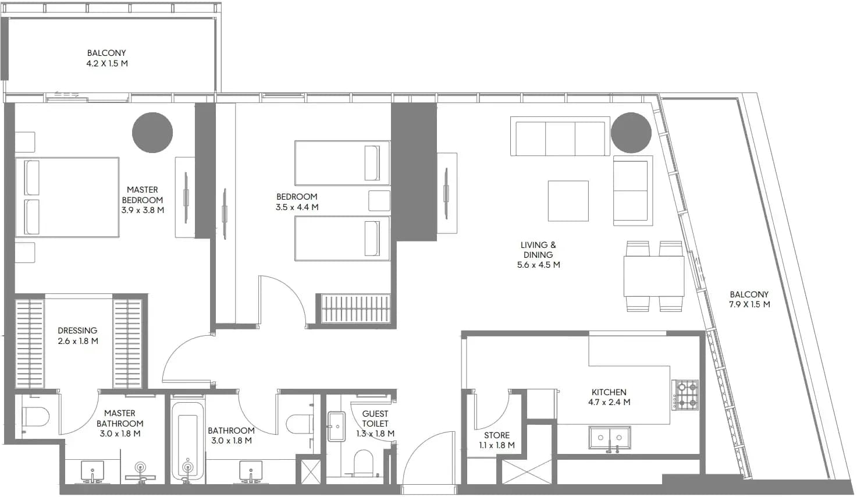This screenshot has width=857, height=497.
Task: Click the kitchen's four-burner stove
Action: pyautogui.click(x=685, y=395)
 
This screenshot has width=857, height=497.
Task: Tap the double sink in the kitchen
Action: pyautogui.click(x=610, y=438)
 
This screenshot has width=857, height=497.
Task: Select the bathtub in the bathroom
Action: pyautogui.click(x=187, y=441)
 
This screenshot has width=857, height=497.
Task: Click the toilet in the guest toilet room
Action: pyautogui.click(x=363, y=463)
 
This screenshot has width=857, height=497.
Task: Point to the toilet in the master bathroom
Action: pyautogui.click(x=35, y=417)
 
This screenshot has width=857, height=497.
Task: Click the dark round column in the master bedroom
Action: pyautogui.click(x=152, y=132)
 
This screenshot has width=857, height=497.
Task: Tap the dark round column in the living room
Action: pyautogui.click(x=631, y=132)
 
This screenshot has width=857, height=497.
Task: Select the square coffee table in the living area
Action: pyautogui.click(x=568, y=201)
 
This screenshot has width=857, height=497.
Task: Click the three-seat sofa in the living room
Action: pyautogui.click(x=560, y=136)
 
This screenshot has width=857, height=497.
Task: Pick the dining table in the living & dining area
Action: pyautogui.click(x=654, y=276)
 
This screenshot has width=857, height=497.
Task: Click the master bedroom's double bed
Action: pyautogui.click(x=67, y=197)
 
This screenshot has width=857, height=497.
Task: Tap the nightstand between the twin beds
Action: pyautogui.click(x=379, y=200)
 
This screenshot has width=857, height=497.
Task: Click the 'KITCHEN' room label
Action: pyautogui.click(x=609, y=392)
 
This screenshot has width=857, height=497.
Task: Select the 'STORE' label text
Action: pyautogui.click(x=497, y=435)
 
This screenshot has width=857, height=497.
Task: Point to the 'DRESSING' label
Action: pyautogui.click(x=77, y=330)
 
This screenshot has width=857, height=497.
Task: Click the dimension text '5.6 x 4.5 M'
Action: pyautogui.click(x=538, y=265)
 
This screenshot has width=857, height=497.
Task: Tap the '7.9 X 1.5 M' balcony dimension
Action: pyautogui.click(x=749, y=304)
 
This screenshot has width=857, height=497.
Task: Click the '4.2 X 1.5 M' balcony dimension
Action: pyautogui.click(x=106, y=63)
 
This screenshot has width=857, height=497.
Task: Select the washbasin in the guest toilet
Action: pyautogui.click(x=336, y=426)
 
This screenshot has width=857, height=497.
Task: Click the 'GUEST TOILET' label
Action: pyautogui.click(x=375, y=418)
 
